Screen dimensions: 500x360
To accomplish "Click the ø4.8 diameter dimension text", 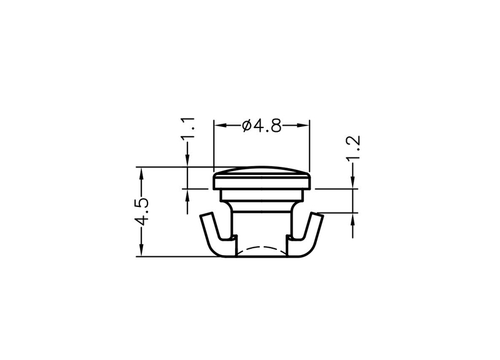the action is point(262,126).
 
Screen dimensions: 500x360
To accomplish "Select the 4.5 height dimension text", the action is point(141,212).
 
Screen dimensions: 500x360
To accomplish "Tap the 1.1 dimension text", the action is point(187,128).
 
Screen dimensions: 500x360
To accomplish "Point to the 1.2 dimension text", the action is point(353,148).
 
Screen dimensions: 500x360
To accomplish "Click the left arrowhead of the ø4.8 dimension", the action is point(220,126).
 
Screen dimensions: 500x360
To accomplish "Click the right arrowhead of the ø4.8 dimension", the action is point(303,126).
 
